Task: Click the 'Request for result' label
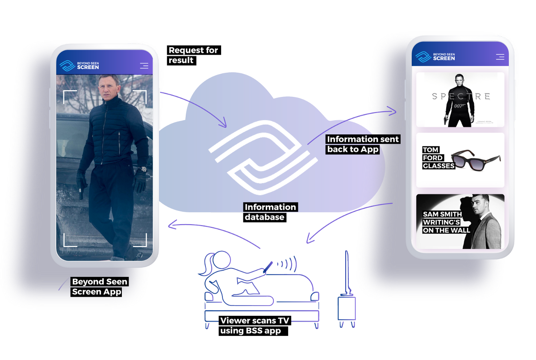[193, 55]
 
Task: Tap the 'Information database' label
[270, 212]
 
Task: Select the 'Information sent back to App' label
[363, 144]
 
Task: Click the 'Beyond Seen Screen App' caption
[100, 287]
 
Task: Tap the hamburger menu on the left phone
[144, 66]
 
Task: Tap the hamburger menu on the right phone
[500, 57]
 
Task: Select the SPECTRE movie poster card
[460, 100]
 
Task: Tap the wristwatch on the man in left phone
[142, 170]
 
